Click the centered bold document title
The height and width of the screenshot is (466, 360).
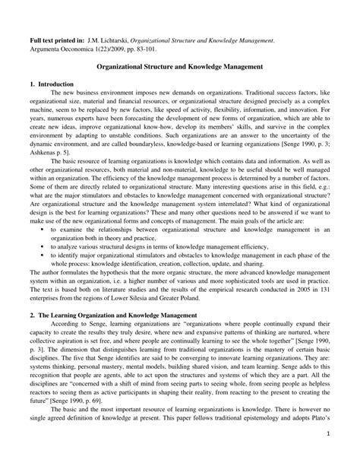[179, 67]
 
